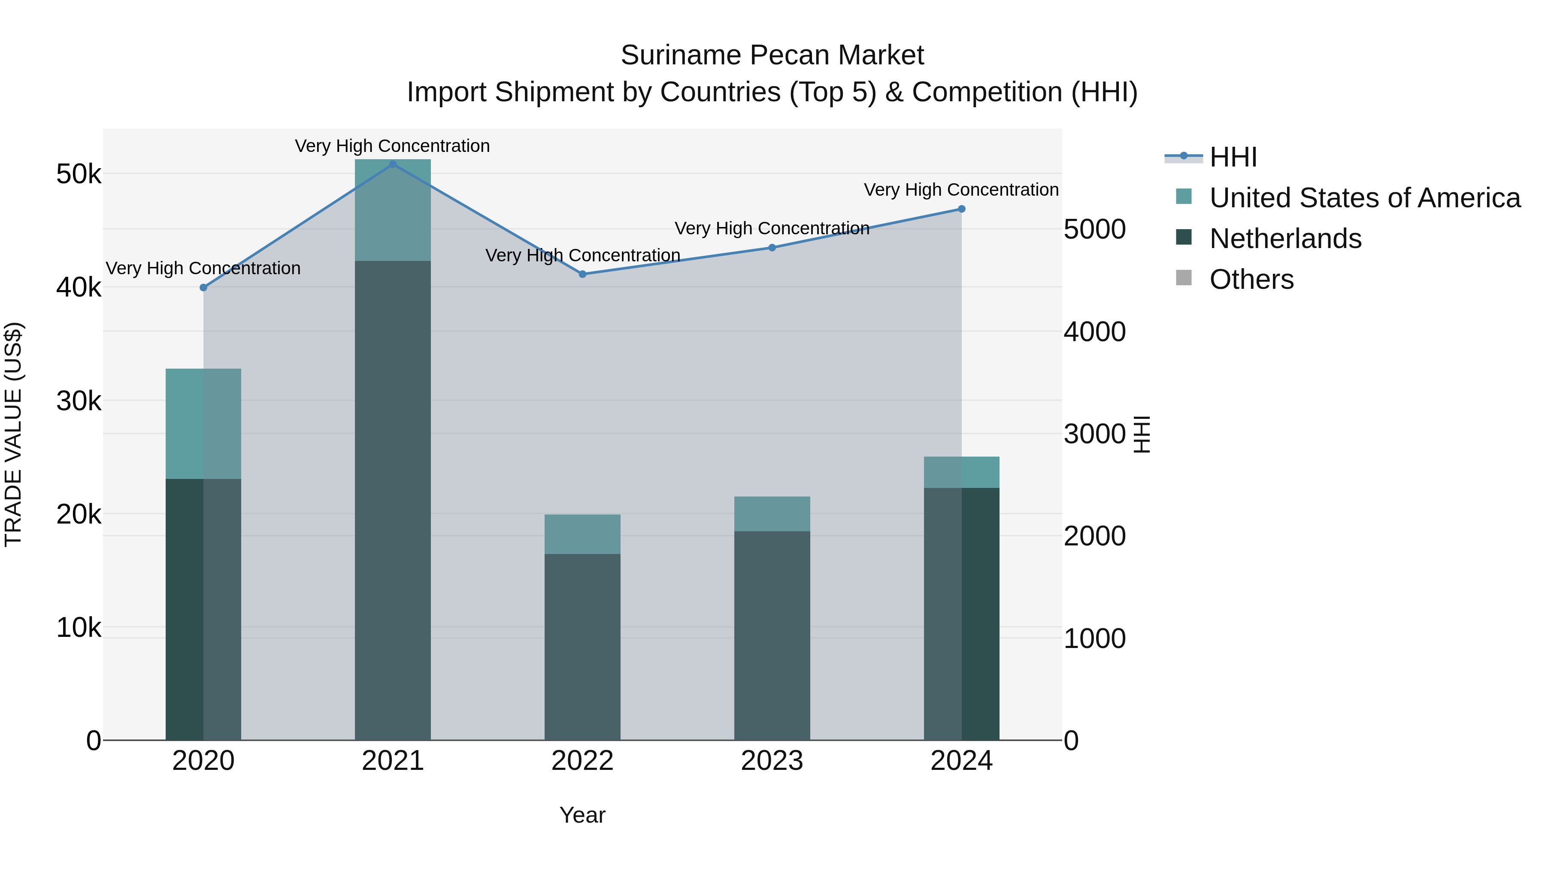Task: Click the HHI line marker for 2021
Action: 393,164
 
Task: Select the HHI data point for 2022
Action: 582,274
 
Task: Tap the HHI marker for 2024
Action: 961,209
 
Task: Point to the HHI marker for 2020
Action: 203,287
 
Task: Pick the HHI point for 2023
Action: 772,248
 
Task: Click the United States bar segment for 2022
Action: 582,534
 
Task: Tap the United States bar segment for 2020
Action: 203,424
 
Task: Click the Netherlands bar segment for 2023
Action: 772,635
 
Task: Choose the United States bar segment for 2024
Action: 961,472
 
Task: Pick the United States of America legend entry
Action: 1364,198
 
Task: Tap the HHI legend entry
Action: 1233,157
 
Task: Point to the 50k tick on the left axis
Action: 79,175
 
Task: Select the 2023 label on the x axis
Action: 772,761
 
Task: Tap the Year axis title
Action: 582,815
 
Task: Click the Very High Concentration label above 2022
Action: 582,255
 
